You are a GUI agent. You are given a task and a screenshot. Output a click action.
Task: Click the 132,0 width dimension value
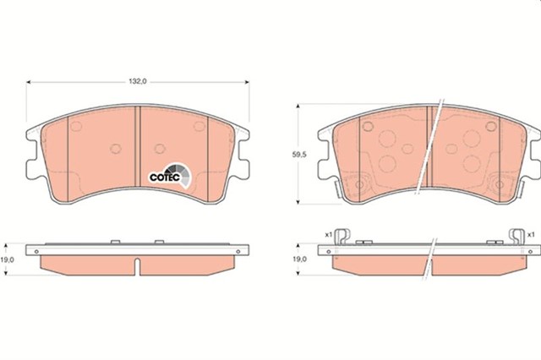138,81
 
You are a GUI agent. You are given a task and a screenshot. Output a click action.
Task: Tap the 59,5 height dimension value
299,155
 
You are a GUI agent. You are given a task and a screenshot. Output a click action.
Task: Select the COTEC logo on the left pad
169,175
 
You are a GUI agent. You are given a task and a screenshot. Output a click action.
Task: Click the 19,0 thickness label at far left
7,259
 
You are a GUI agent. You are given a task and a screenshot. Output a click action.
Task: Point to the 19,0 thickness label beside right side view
299,259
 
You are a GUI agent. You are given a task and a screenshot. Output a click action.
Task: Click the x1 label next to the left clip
328,234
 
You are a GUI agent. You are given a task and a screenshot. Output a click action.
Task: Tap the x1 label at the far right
531,234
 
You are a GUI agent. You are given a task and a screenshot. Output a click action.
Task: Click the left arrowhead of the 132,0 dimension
29,82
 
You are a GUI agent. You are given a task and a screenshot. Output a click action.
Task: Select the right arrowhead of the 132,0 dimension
247,82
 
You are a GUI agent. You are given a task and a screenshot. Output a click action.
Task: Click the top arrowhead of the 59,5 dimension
298,106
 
